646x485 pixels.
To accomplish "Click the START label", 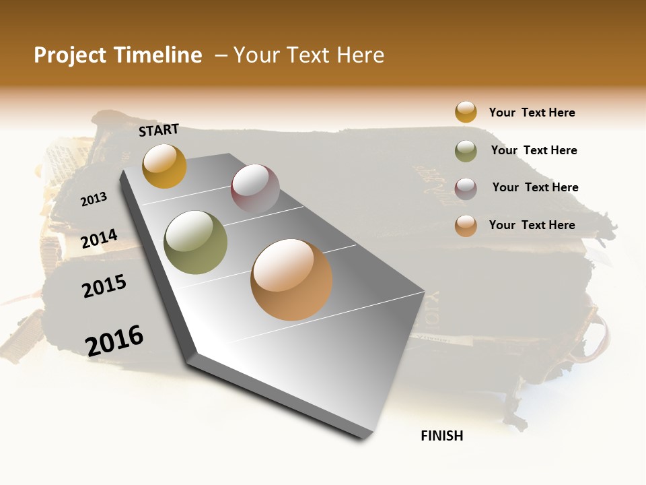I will (159, 130).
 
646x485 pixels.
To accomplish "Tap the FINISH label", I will (441, 436).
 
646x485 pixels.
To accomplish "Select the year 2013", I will (94, 199).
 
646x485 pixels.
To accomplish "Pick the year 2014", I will (99, 239).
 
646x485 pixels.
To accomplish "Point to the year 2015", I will (104, 286).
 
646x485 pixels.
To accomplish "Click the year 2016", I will (114, 340).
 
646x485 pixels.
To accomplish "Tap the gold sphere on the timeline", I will (164, 166).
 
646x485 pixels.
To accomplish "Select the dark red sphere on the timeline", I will (255, 189).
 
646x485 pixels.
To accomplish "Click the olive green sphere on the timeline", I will (196, 242).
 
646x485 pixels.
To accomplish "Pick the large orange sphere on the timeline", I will (291, 280).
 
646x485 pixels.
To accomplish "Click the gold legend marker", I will (466, 112).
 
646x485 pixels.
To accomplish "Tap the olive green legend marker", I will (466, 151).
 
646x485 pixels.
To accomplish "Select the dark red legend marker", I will (466, 188).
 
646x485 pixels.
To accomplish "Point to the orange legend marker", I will (466, 226).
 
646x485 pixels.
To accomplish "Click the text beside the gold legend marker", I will (532, 112).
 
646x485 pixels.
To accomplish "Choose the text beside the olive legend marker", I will (534, 150).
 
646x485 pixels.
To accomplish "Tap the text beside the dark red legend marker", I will (535, 187).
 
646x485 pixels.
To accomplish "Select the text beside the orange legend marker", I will (532, 225).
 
